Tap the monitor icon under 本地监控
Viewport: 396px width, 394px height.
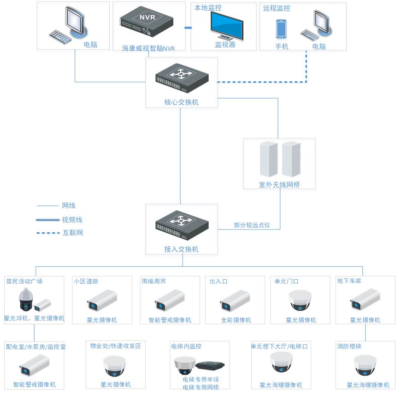[x=226, y=25]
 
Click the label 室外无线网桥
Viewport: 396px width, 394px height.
[x=279, y=185]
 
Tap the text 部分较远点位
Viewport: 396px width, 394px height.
[x=252, y=225]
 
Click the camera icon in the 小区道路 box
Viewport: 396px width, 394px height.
[x=102, y=300]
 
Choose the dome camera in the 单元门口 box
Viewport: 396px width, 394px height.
[x=301, y=300]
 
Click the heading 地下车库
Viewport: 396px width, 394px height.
[x=349, y=281]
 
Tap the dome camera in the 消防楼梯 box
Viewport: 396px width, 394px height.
[x=365, y=365]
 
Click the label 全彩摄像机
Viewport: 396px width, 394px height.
[x=236, y=320]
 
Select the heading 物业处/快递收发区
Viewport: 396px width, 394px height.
[x=116, y=346]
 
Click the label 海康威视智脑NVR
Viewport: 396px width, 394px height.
[x=148, y=48]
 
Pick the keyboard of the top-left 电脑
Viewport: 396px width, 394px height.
[x=60, y=36]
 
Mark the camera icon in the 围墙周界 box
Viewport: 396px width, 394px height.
[x=170, y=300]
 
